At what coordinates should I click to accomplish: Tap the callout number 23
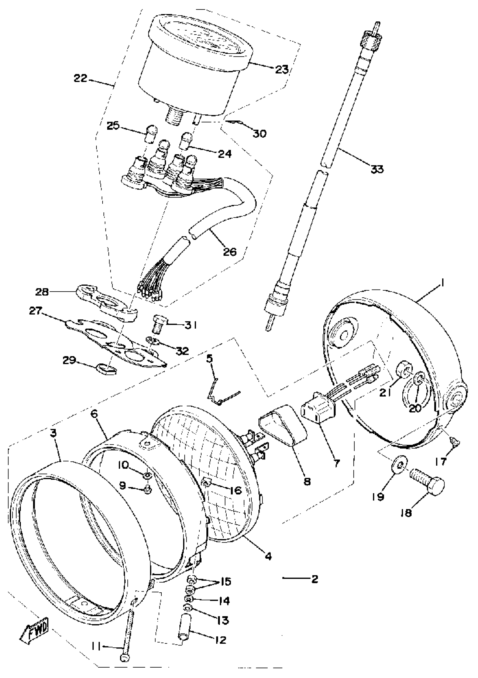tap(281, 70)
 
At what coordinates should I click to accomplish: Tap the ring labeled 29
tap(106, 369)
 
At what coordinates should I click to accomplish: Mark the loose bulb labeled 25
tap(152, 133)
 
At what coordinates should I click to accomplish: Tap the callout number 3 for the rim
tap(53, 433)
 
